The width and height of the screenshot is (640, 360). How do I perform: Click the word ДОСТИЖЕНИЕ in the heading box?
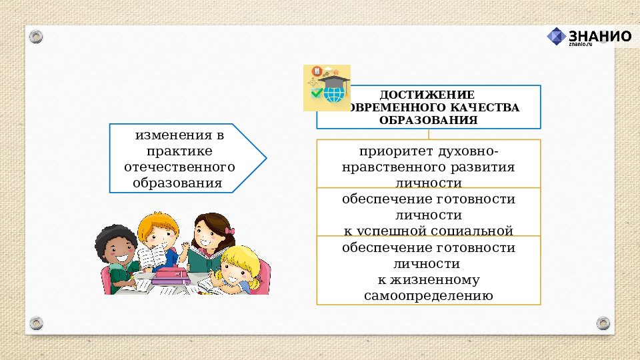coord(427,95)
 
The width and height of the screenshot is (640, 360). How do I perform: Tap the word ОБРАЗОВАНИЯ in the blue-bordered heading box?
coord(428,120)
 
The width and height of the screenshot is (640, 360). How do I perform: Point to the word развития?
coord(484,167)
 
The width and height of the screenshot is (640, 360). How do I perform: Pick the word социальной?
coord(477,231)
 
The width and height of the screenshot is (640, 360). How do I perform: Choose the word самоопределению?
coord(429,295)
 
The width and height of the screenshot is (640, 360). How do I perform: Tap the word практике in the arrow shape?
coord(180,150)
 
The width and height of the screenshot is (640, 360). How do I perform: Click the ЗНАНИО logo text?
coord(599,36)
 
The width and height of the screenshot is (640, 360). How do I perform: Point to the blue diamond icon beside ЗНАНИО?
coord(557,37)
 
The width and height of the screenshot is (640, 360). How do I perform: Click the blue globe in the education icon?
coord(332,95)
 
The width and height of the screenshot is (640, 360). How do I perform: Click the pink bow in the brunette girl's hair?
coord(229,231)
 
